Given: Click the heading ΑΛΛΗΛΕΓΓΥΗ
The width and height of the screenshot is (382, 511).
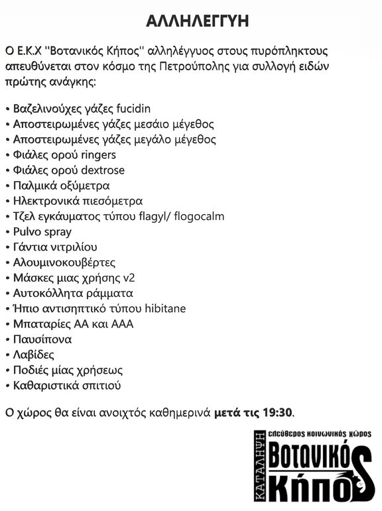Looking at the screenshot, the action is pyautogui.click(x=198, y=22).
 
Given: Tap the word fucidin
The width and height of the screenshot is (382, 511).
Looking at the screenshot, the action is pyautogui.click(x=135, y=109).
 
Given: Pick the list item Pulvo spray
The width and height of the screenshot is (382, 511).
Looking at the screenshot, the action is pyautogui.click(x=42, y=232).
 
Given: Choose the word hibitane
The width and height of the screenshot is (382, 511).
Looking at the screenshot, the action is pyautogui.click(x=162, y=309).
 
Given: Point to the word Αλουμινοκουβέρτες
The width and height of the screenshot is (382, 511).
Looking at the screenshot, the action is pyautogui.click(x=64, y=262).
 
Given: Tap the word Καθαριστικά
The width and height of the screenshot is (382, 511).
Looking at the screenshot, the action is pyautogui.click(x=44, y=386).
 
